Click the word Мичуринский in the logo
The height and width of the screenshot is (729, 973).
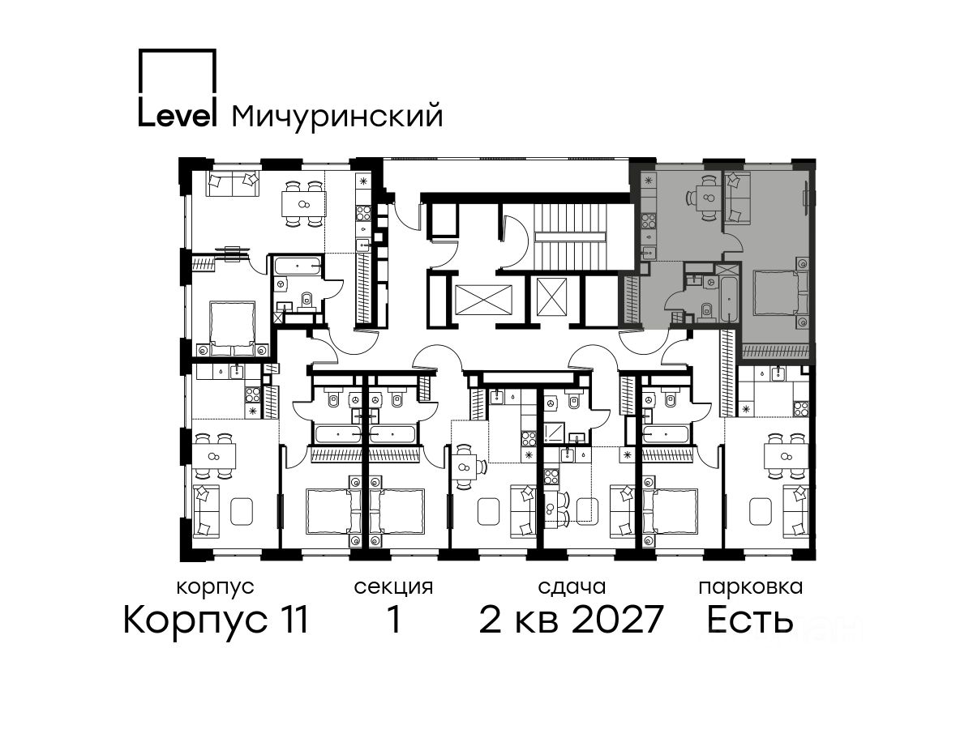pos(337,117)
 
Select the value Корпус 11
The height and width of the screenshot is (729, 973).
pos(216,620)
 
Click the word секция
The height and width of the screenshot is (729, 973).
pos(393,587)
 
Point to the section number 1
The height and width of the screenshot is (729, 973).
pos(394,619)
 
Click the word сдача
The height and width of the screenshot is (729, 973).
pos(572,587)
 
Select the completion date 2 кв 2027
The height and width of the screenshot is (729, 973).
pos(572,619)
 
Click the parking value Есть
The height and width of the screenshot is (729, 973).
pos(750,620)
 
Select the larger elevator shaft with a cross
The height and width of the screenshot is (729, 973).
pos(483,300)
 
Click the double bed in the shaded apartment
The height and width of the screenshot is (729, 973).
pos(780,292)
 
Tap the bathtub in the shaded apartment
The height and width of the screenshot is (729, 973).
pos(729,300)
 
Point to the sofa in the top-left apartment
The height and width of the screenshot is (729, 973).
pos(233,184)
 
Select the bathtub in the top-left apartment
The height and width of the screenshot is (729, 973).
pos(297,266)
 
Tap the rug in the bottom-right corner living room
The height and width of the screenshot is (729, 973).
pos(761,511)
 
